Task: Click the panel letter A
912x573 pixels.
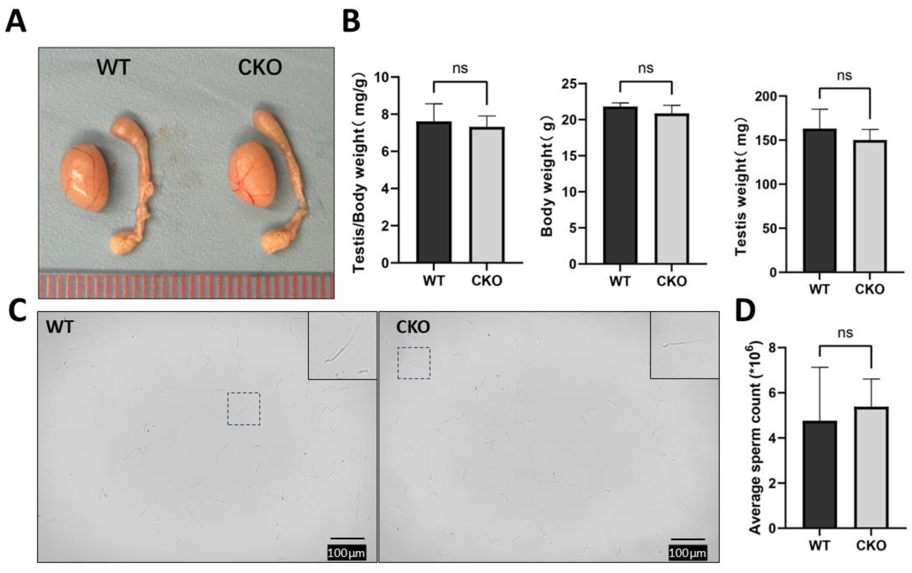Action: pyautogui.click(x=16, y=22)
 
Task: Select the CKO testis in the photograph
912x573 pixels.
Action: pyautogui.click(x=252, y=175)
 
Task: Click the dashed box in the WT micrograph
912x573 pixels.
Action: pyautogui.click(x=243, y=409)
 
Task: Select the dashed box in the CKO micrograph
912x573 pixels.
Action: pyautogui.click(x=414, y=363)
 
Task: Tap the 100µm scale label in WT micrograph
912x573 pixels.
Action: pyautogui.click(x=346, y=553)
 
